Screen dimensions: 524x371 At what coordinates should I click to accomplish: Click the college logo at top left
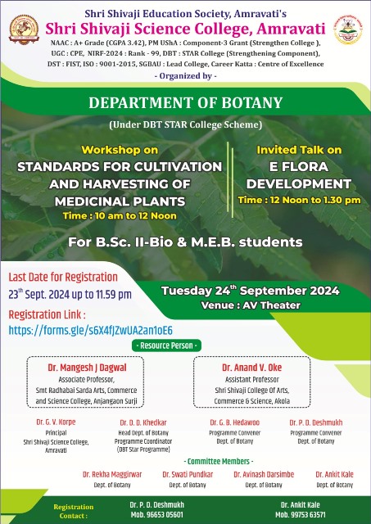point(25,30)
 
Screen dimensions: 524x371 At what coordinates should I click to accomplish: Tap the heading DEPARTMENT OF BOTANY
point(185,104)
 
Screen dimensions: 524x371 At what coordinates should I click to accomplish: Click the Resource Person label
point(184,346)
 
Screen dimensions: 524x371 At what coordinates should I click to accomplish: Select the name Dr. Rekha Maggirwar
point(112,474)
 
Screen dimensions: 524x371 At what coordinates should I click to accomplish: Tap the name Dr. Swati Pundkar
point(187,474)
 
